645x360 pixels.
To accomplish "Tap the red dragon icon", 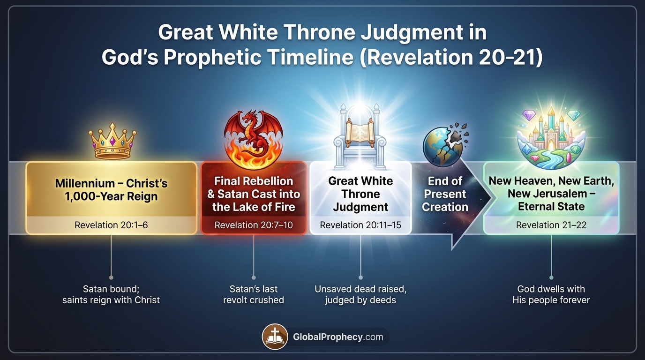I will (254, 135).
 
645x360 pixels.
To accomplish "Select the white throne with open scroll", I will (360, 133).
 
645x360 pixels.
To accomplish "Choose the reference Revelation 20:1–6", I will (111, 225).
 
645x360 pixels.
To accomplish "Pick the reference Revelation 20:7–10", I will (254, 225).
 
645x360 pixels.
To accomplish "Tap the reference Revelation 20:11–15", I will (360, 225).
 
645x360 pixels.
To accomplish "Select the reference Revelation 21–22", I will (551, 225).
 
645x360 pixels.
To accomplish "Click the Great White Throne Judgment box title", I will (360, 194).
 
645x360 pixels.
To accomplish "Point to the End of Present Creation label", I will (445, 194).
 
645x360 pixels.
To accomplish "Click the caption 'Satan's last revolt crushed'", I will (254, 294).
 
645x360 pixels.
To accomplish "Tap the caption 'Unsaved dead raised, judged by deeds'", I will (360, 294).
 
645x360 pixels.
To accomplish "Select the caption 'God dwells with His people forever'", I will (551, 294).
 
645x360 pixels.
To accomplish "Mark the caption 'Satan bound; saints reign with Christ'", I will (111, 294).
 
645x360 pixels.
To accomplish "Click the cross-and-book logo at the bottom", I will (275, 337).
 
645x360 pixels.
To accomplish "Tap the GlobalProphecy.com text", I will (337, 337).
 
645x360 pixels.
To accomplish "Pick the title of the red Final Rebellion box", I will (254, 194).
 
